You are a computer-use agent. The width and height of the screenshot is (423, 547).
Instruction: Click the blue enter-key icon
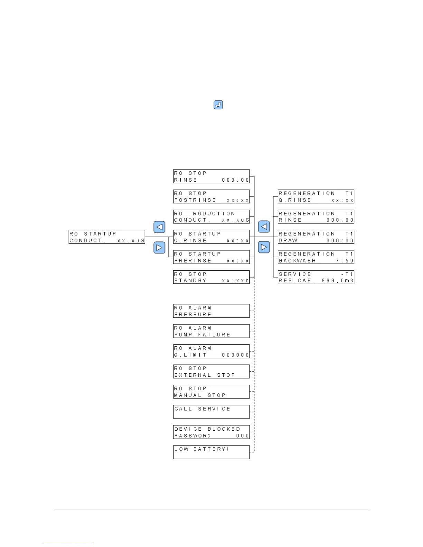218,105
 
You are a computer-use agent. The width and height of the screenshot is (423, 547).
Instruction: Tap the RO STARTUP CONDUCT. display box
107,237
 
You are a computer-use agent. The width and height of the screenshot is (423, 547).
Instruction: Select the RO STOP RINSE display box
211,176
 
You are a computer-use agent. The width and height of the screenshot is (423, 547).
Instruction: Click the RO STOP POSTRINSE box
211,196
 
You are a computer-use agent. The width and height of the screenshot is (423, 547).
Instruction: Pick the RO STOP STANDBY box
211,277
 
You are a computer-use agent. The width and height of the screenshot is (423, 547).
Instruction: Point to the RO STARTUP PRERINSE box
211,257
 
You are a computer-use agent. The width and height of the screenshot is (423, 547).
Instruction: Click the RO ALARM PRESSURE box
211,311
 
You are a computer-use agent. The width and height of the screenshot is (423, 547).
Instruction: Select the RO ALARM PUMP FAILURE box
211,331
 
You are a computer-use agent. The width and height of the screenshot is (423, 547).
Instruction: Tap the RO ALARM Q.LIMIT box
211,351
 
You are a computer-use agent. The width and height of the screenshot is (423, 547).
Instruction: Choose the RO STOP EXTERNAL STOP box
211,371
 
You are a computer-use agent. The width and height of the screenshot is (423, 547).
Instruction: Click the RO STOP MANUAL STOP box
211,392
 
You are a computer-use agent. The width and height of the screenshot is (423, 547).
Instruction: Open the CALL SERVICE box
211,412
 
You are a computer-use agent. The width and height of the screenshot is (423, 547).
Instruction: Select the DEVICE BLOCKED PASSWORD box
211,432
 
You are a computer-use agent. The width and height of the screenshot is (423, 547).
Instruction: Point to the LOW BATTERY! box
211,452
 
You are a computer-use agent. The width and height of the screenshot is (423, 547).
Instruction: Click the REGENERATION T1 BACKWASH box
316,257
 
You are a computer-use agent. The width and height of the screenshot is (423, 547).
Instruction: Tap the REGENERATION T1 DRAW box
316,237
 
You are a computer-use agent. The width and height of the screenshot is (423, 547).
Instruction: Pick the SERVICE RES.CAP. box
316,277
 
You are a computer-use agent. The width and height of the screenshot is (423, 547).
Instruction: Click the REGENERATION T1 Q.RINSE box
316,196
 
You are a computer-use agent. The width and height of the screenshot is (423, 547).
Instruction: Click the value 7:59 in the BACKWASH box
345,261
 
